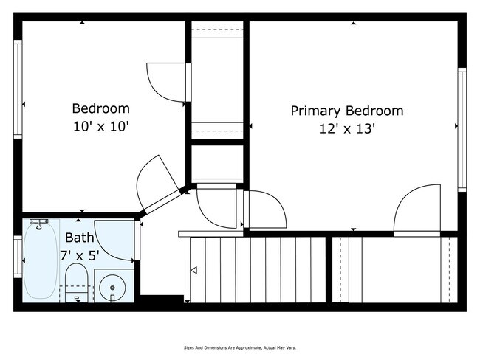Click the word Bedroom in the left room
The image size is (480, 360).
[x=101, y=108]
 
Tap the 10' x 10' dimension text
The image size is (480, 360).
[x=101, y=126]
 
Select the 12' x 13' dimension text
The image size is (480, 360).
[x=347, y=129]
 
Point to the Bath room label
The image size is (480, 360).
[x=79, y=238]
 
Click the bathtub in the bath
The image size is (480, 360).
[x=41, y=262]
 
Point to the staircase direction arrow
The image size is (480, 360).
[x=193, y=271]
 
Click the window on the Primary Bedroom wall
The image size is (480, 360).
[x=462, y=129]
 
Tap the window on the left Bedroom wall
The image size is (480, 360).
[x=18, y=89]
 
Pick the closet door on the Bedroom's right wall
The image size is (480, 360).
[x=166, y=81]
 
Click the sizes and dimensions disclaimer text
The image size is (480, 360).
[x=240, y=347]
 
